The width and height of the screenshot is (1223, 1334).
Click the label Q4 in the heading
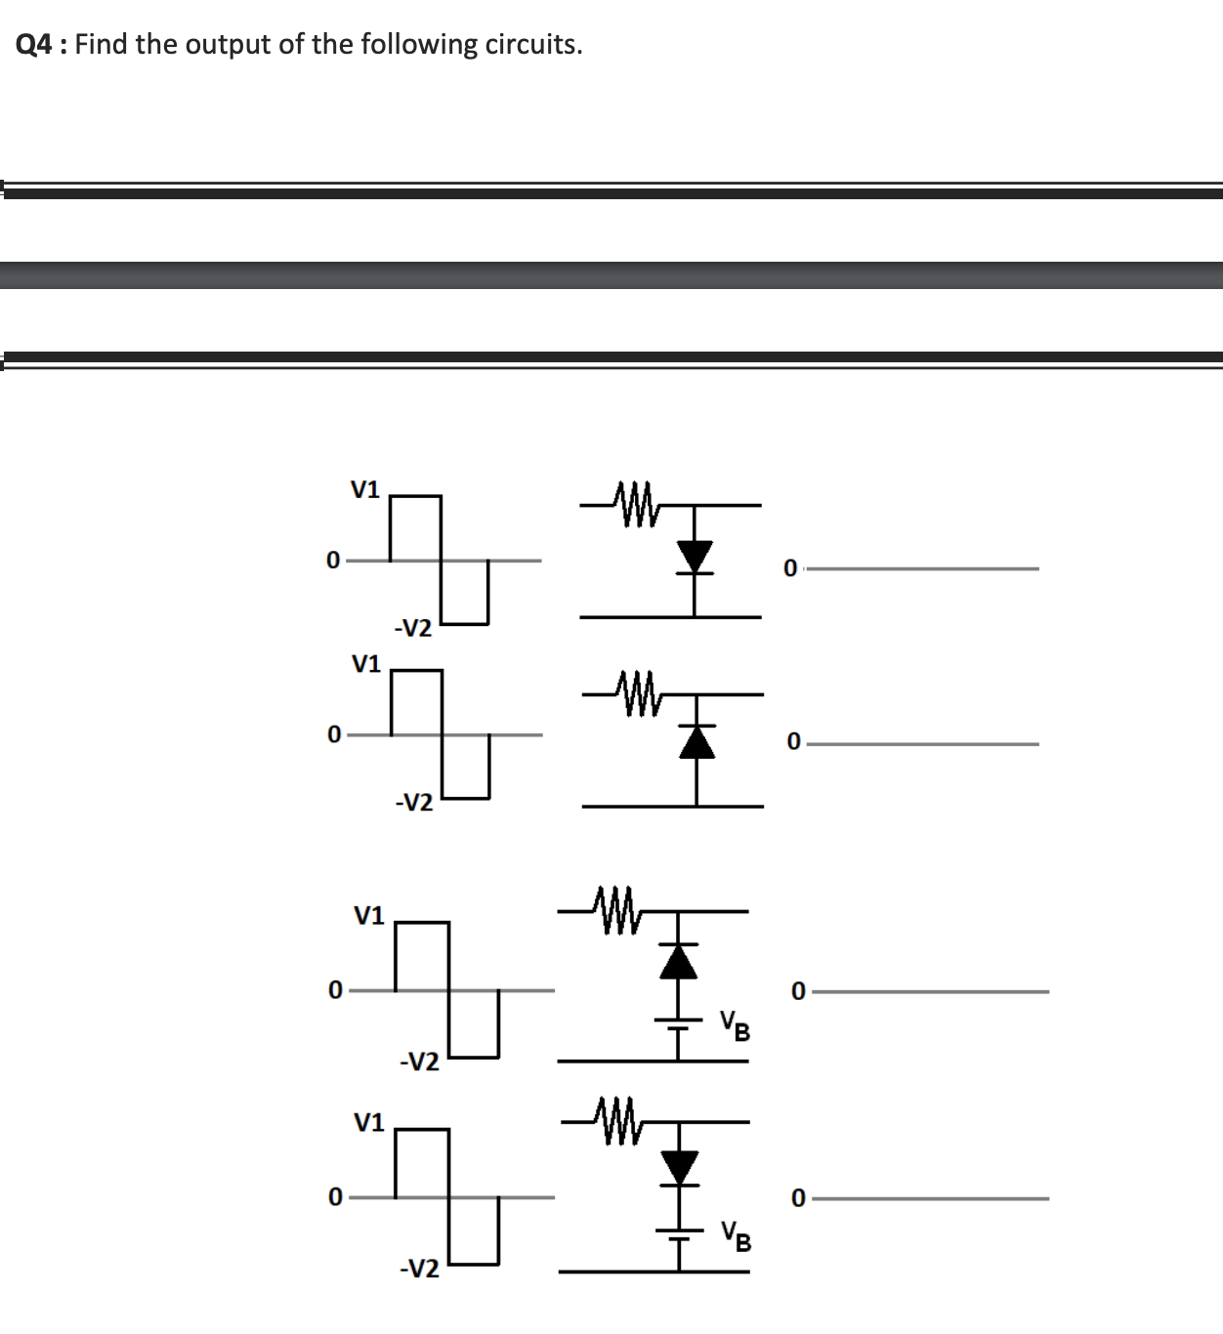coord(35,45)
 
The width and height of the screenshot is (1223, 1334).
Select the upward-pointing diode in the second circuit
coord(696,741)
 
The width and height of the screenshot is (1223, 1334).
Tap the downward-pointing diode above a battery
coord(680,1167)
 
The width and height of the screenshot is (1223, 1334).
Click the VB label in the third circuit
coord(736,1025)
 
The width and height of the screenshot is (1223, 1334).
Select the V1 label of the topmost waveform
coord(365,489)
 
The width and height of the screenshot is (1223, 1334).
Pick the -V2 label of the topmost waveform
coord(412,628)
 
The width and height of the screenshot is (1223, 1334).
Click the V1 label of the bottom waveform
coord(368,1122)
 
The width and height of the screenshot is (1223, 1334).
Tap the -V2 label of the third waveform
coord(419,1062)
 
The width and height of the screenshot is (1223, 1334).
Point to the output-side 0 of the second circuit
coord(793,743)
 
